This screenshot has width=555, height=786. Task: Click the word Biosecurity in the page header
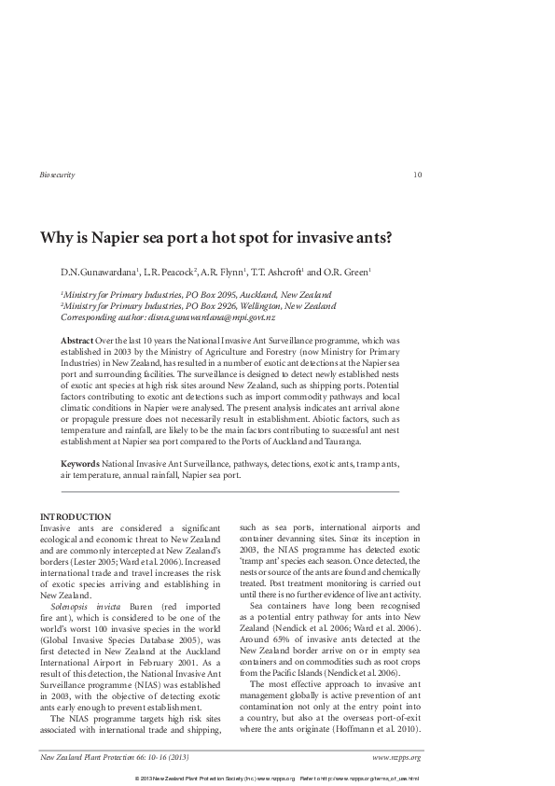click(x=58, y=175)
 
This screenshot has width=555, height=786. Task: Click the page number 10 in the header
click(x=416, y=175)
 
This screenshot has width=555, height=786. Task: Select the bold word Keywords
click(x=79, y=463)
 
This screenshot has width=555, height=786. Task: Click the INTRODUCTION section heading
click(x=76, y=517)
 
